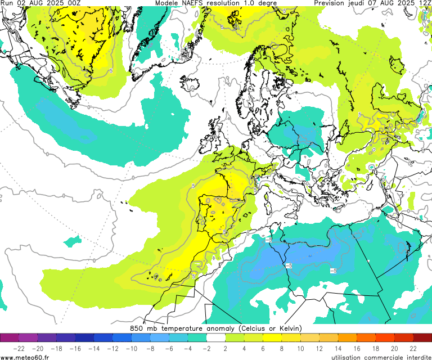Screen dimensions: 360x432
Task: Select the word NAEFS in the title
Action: pos(193,3)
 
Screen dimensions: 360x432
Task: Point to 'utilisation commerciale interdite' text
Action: pos(381,357)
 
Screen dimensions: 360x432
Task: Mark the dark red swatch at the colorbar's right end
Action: pos(422,337)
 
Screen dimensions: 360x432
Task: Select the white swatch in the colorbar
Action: pos(216,337)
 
